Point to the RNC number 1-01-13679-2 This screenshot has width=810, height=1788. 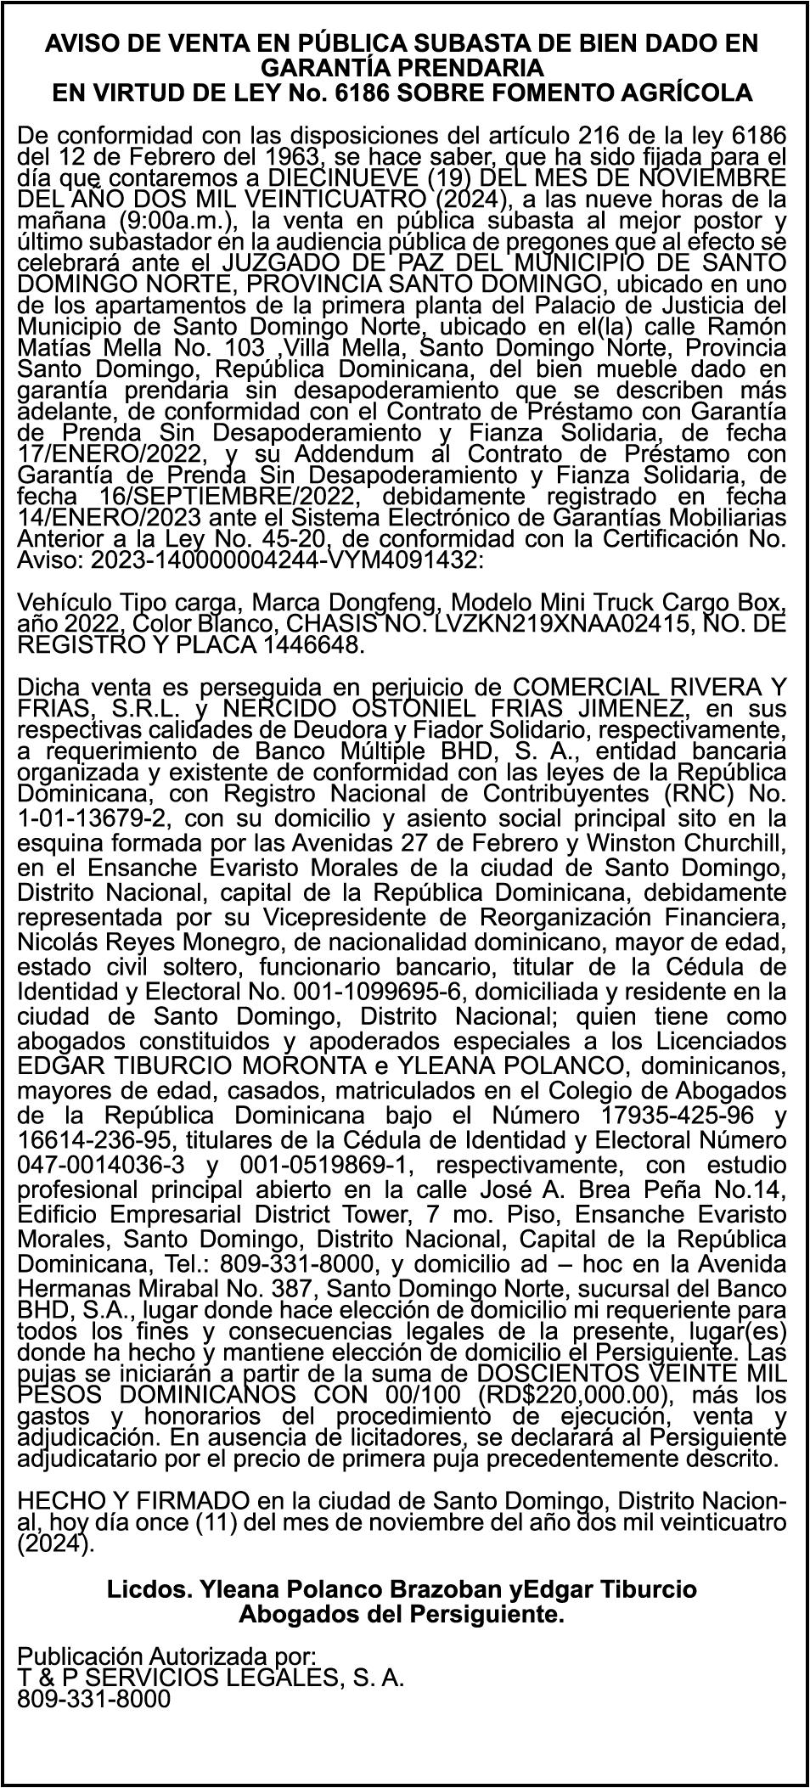(93, 818)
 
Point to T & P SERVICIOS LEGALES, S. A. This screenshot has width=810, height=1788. (211, 1677)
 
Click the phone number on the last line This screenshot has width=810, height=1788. (93, 1698)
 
